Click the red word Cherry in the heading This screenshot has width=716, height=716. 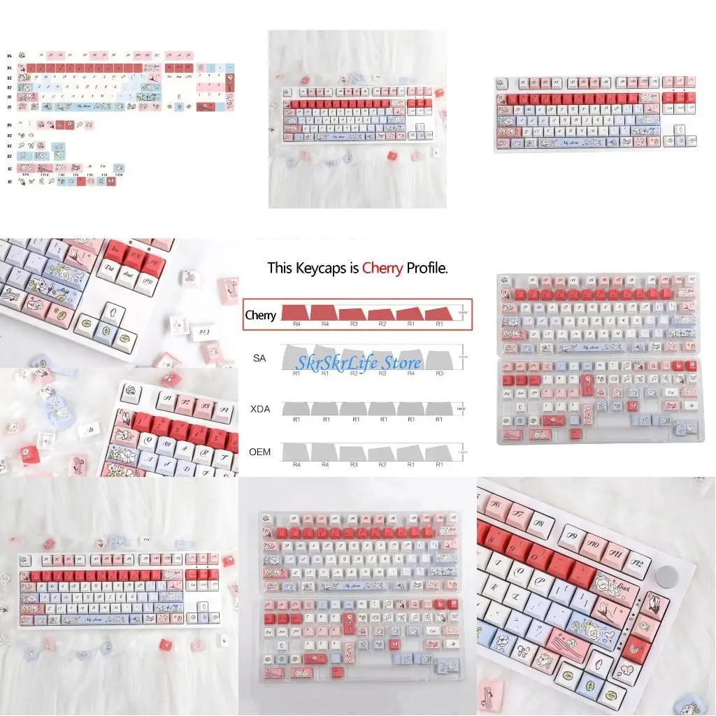coord(382,268)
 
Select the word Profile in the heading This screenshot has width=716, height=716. coord(427,268)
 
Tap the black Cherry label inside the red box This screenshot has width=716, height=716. coord(260,315)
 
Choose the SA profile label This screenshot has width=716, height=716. coord(259,358)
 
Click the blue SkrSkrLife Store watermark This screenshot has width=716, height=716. coord(358,362)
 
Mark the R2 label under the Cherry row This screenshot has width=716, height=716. coord(382,324)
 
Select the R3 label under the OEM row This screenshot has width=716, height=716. coord(355,464)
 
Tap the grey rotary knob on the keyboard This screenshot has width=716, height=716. coord(668,574)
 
